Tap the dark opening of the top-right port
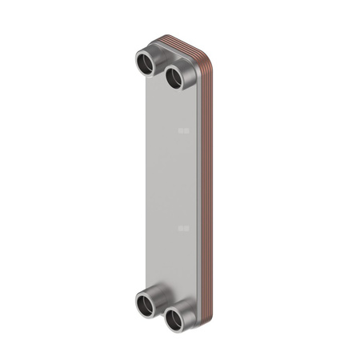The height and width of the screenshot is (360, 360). click(174, 78)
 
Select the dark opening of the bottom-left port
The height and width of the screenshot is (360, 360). click(145, 304)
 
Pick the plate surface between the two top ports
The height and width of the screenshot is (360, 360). click(161, 76)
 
